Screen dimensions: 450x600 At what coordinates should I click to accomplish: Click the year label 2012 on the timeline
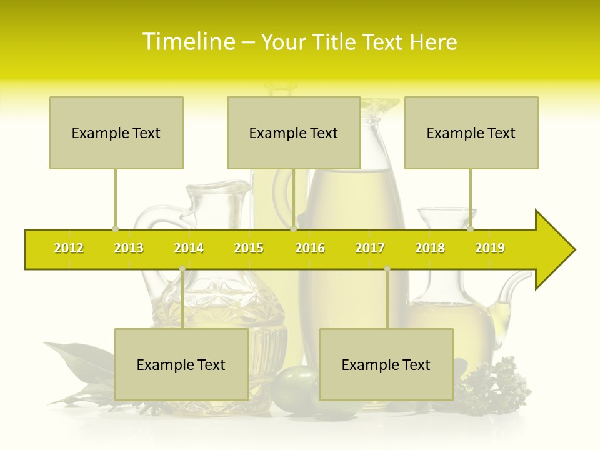(x=69, y=248)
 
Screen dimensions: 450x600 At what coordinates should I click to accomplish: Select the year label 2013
(x=129, y=248)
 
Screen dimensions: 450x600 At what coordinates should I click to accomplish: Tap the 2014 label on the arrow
(x=189, y=248)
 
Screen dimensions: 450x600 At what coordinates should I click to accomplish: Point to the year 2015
(x=249, y=248)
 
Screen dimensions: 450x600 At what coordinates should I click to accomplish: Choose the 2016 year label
(x=310, y=248)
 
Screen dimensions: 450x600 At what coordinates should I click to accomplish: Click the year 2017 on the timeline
(x=370, y=248)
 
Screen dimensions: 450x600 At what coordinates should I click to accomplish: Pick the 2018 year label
(x=430, y=248)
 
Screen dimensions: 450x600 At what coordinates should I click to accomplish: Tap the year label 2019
(x=490, y=248)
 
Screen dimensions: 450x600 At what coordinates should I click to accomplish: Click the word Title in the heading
(x=336, y=42)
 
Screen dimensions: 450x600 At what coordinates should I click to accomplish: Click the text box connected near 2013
(x=116, y=132)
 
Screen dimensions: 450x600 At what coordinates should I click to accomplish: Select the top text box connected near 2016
(x=294, y=132)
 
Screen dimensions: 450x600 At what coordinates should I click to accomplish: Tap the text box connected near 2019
(x=471, y=132)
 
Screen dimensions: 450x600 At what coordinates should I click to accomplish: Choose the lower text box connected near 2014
(x=181, y=364)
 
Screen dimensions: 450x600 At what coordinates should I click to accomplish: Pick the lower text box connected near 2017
(x=386, y=364)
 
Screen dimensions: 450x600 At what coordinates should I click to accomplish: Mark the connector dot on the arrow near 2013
(x=115, y=229)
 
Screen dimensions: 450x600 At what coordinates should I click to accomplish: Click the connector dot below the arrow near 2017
(x=387, y=269)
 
